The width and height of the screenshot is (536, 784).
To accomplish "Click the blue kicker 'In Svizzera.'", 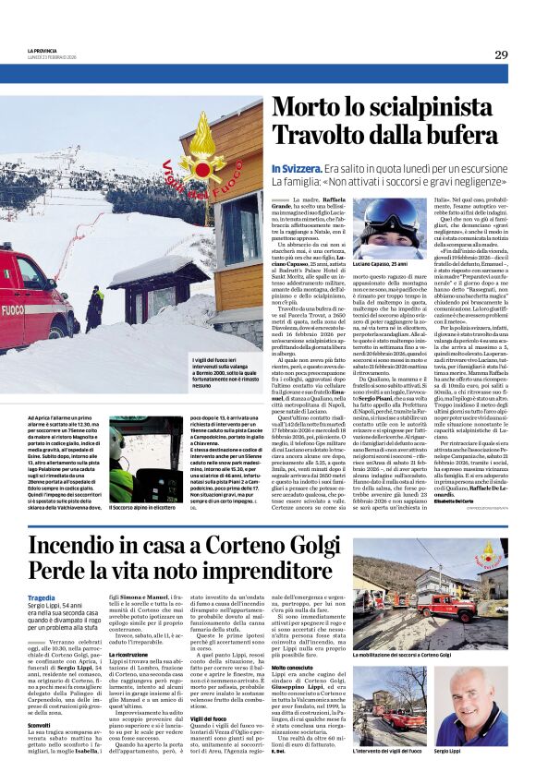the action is [296, 170].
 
